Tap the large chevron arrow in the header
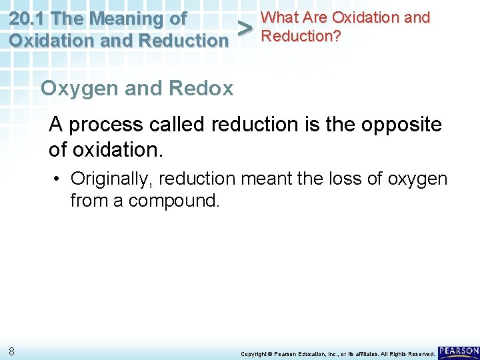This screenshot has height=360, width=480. point(245,29)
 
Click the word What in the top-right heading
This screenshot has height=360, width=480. point(279,17)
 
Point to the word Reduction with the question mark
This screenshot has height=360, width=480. point(301,35)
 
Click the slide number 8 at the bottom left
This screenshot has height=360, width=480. point(13,351)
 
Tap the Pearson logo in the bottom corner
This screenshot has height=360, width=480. point(459,351)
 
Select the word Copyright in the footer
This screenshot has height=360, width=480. point(253,353)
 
